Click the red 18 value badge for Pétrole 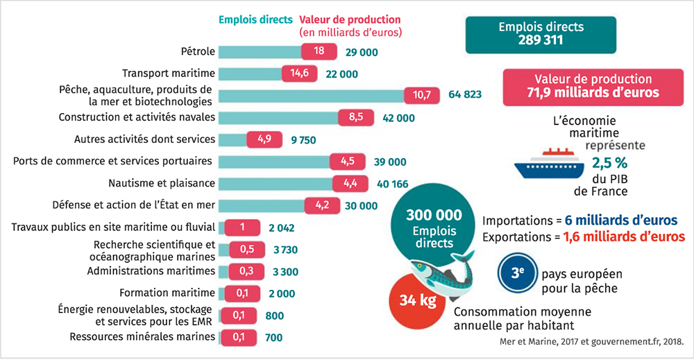(319, 51)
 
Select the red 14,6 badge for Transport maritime (300, 74)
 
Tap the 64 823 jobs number (465, 95)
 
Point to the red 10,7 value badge (422, 95)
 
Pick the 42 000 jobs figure (398, 118)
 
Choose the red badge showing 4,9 (264, 139)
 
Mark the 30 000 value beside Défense (360, 205)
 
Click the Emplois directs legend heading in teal (255, 19)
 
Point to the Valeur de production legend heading (350, 19)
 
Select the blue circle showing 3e (517, 274)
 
